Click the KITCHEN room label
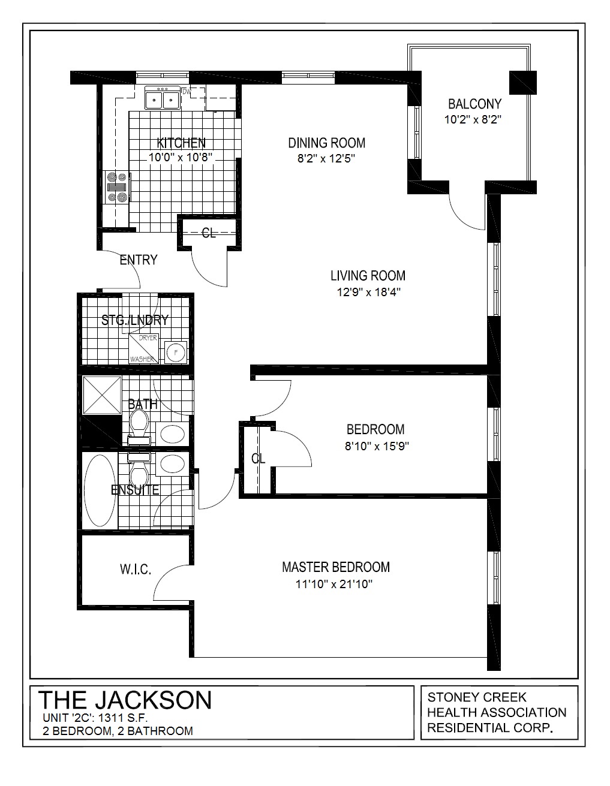click(x=181, y=143)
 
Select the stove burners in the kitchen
click(x=117, y=186)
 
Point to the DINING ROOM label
click(x=326, y=143)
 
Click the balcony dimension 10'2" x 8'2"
click(x=472, y=119)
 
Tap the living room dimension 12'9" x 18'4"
click(x=368, y=292)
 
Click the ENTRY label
click(x=138, y=260)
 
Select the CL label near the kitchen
click(x=208, y=233)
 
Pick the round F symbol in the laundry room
click(x=176, y=352)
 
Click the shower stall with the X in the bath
click(x=102, y=395)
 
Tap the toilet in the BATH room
click(x=139, y=423)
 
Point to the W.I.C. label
click(x=135, y=570)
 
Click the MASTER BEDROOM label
click(x=335, y=567)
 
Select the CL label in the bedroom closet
click(x=258, y=459)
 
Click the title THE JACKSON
click(x=125, y=700)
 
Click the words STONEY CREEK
click(x=476, y=697)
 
